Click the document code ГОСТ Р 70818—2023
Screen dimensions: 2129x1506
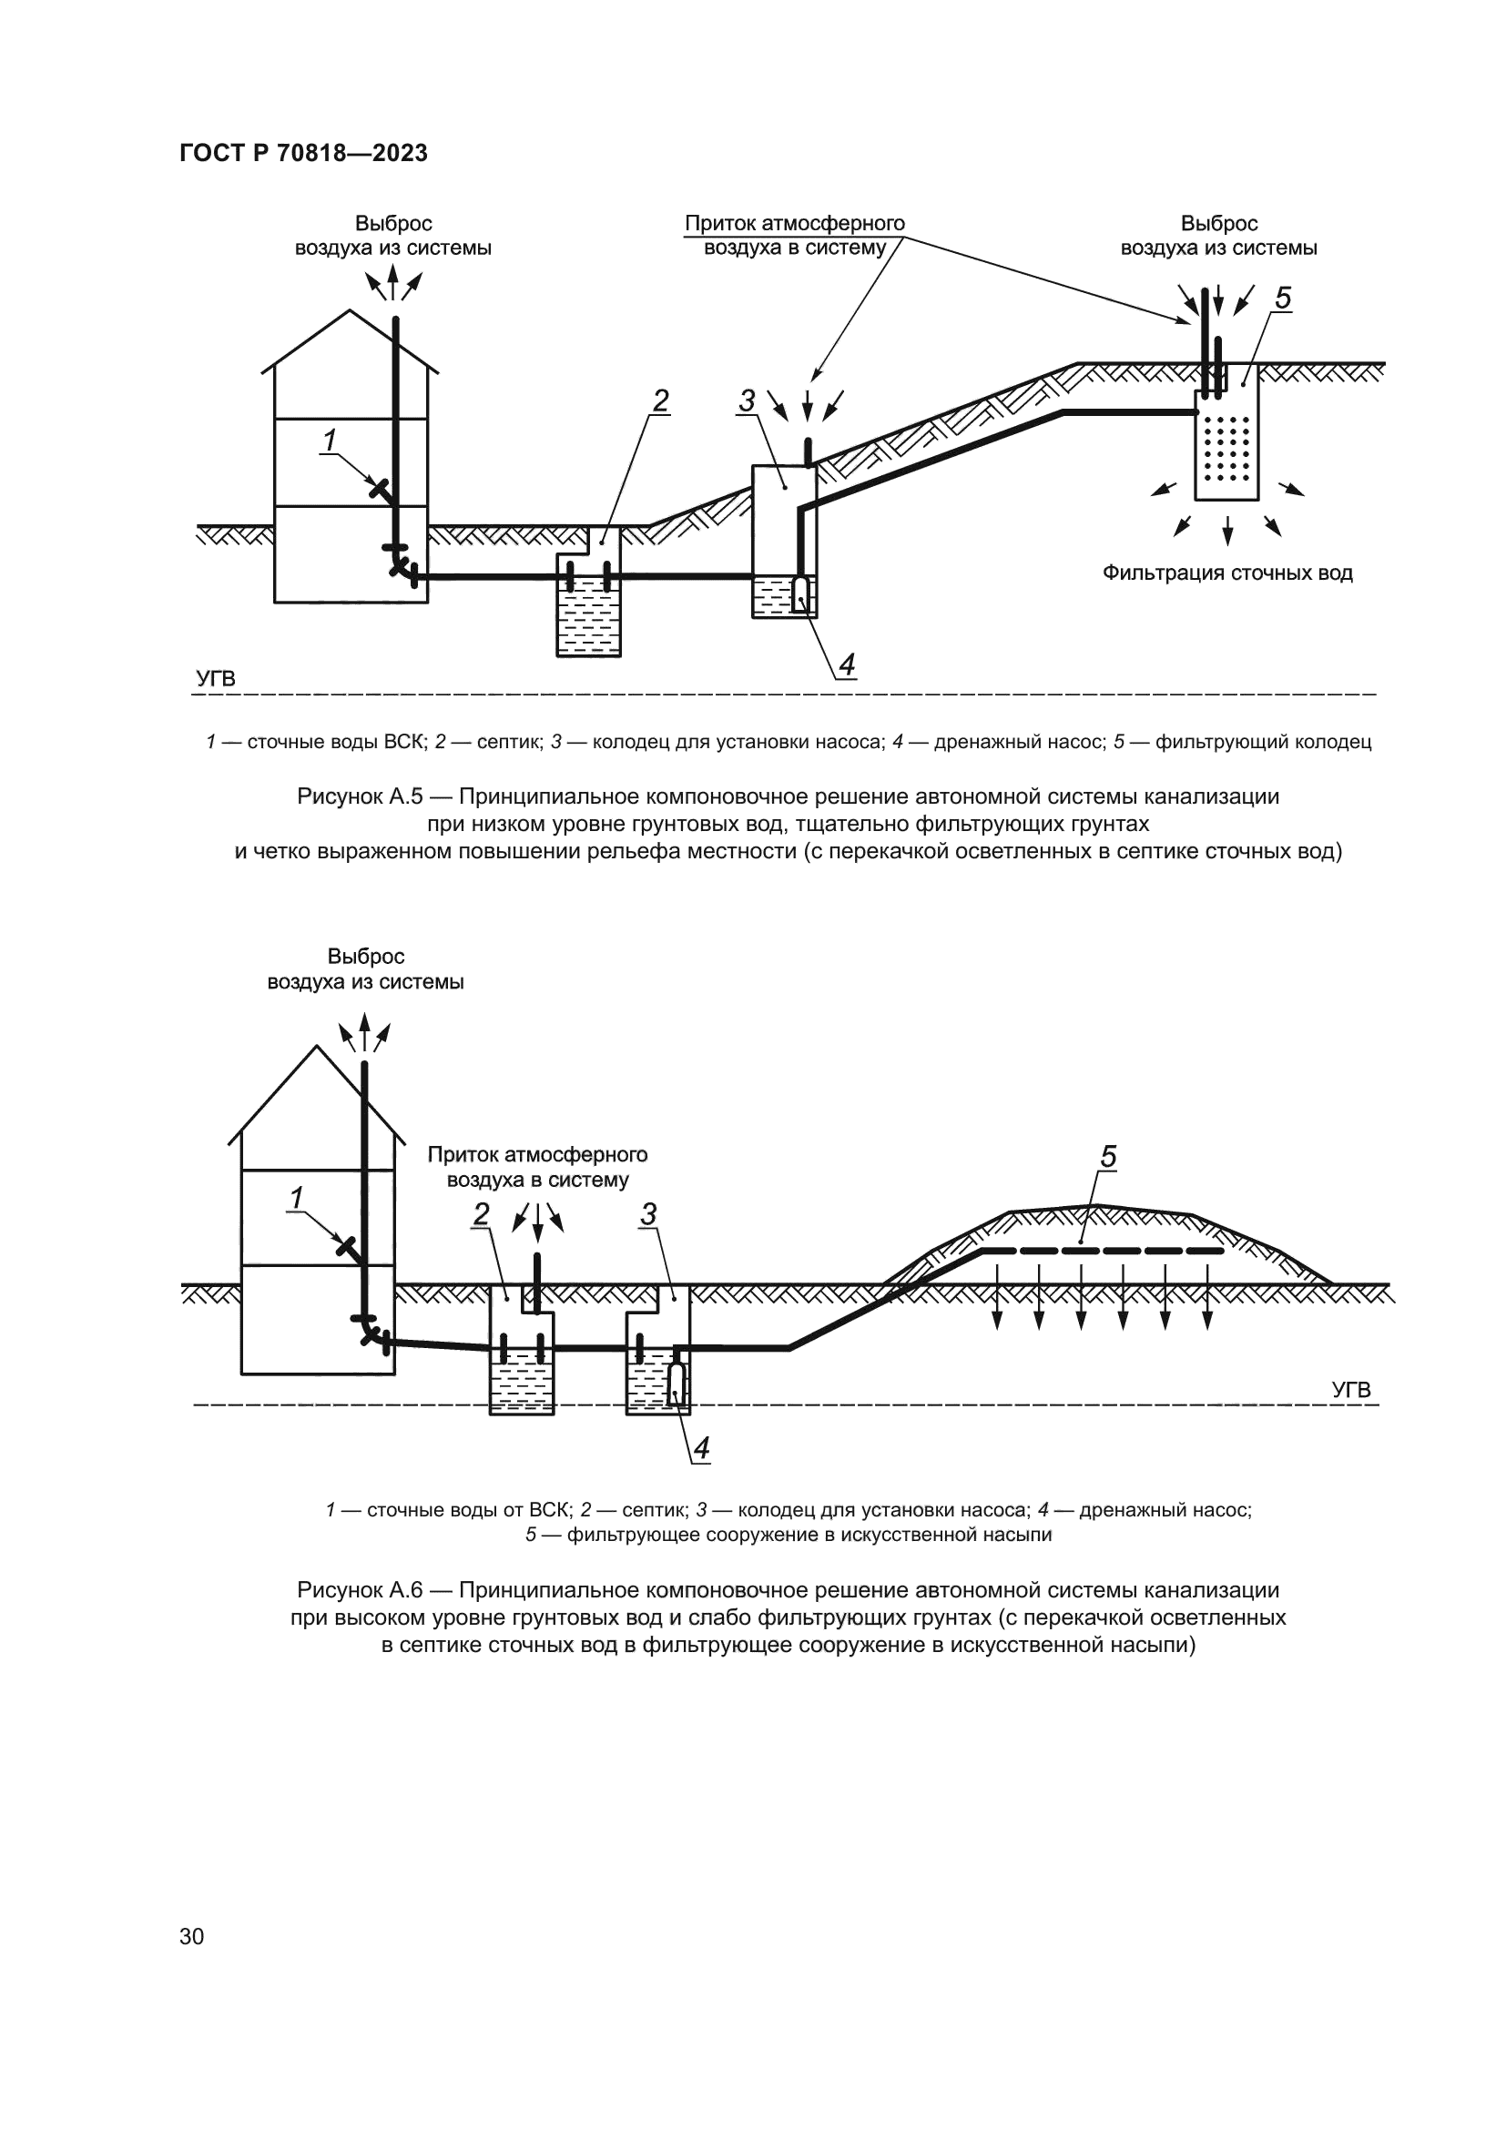coord(303,153)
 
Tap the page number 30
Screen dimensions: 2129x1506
coord(192,1936)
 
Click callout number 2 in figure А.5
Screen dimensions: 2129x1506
coord(660,400)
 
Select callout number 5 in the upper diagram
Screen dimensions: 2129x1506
coord(1283,299)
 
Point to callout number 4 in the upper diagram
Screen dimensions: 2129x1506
coord(846,664)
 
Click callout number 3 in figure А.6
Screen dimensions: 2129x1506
coord(648,1214)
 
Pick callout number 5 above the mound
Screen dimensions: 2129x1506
coord(1108,1156)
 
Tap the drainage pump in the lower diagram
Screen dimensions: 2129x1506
coord(677,1383)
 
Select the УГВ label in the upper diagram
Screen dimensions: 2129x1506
coord(216,679)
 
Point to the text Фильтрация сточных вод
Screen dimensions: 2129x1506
coord(1226,573)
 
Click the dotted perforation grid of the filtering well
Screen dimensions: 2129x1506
coord(1226,449)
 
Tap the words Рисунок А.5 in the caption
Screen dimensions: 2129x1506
coord(360,796)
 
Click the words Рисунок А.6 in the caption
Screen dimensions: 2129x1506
coord(360,1590)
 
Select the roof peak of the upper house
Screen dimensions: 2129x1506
coord(350,310)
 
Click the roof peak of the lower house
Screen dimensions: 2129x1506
coord(317,1047)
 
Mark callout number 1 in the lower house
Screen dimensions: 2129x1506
coord(297,1199)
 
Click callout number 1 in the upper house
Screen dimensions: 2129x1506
coord(329,441)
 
